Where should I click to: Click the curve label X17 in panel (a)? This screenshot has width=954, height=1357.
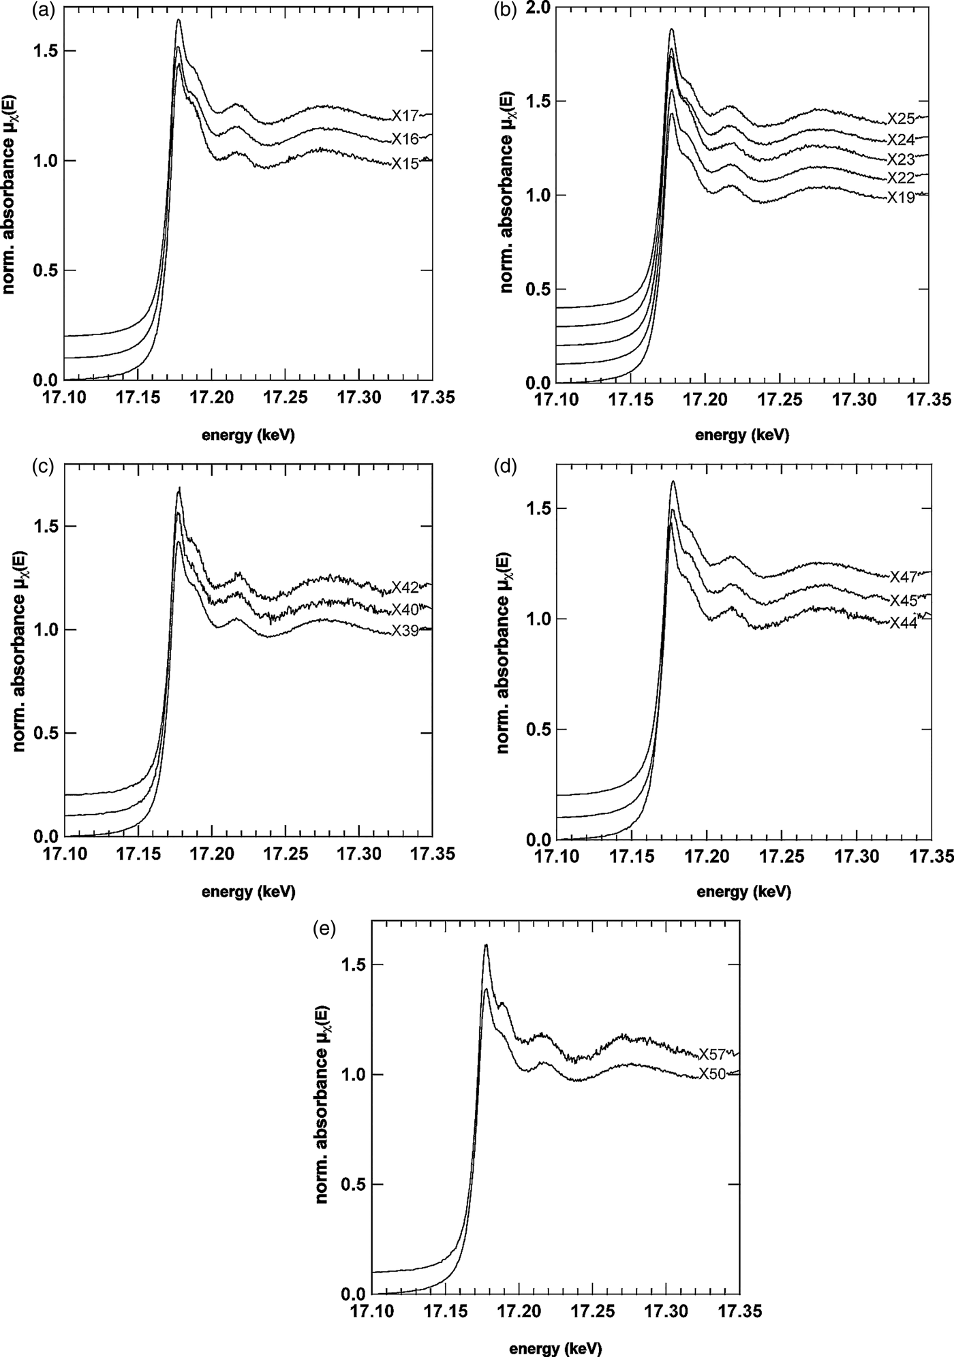click(x=405, y=114)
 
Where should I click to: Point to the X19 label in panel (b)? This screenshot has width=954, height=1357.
click(x=900, y=198)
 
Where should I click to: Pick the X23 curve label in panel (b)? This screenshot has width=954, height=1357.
click(x=900, y=159)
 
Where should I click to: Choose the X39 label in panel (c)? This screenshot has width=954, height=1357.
click(x=405, y=631)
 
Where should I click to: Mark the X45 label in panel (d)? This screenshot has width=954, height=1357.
click(x=903, y=599)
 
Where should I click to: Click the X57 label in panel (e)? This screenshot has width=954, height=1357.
click(x=713, y=1054)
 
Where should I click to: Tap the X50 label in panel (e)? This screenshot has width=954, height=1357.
click(x=713, y=1074)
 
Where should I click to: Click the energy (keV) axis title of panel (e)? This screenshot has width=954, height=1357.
click(x=555, y=1347)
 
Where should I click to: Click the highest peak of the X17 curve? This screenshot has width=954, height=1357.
click(x=179, y=20)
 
